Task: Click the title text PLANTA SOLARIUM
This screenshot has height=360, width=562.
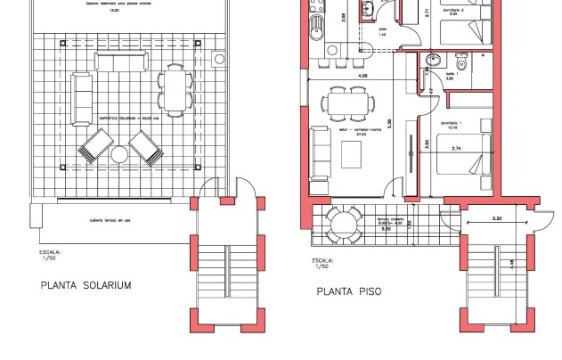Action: coord(86,286)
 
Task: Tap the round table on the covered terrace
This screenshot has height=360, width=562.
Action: coord(343,223)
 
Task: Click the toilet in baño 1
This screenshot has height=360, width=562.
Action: coord(460,63)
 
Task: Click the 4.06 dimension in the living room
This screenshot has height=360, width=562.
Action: coord(362,77)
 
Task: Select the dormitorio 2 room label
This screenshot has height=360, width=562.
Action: coord(453,10)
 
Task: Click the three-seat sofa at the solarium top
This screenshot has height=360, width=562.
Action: coord(120,61)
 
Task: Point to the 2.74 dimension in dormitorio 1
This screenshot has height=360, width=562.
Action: coord(458,148)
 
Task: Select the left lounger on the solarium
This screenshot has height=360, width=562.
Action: coord(94,147)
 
